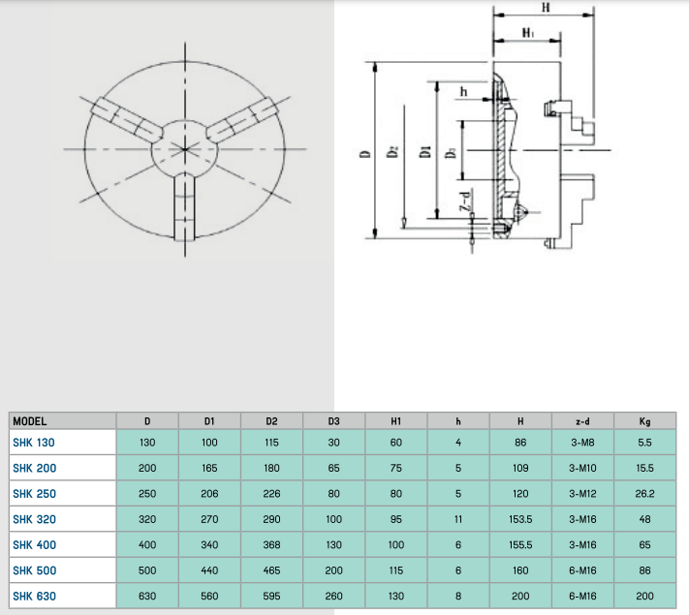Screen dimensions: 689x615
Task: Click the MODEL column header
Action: point(29,421)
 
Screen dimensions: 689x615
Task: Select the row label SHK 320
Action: point(34,519)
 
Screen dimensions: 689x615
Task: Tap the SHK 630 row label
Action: point(34,596)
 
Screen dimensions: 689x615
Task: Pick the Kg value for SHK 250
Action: point(644,494)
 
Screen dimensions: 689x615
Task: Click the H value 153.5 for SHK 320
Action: point(520,519)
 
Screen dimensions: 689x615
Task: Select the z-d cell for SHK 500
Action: point(582,570)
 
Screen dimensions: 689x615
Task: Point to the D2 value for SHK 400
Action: point(271,545)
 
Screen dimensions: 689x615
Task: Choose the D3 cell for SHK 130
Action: point(333,443)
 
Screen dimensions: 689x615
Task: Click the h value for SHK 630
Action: point(458,596)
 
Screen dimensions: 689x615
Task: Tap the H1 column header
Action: point(396,421)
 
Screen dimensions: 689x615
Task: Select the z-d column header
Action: point(582,421)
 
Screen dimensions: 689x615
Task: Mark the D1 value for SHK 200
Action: point(209,469)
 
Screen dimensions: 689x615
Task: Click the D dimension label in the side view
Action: point(365,154)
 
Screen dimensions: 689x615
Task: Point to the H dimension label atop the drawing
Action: point(546,8)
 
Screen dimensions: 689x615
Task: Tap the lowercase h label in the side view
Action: point(463,92)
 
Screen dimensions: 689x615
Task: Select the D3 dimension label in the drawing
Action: point(451,153)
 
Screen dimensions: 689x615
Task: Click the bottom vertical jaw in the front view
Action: point(184,206)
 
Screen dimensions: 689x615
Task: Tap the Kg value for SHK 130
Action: point(644,443)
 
